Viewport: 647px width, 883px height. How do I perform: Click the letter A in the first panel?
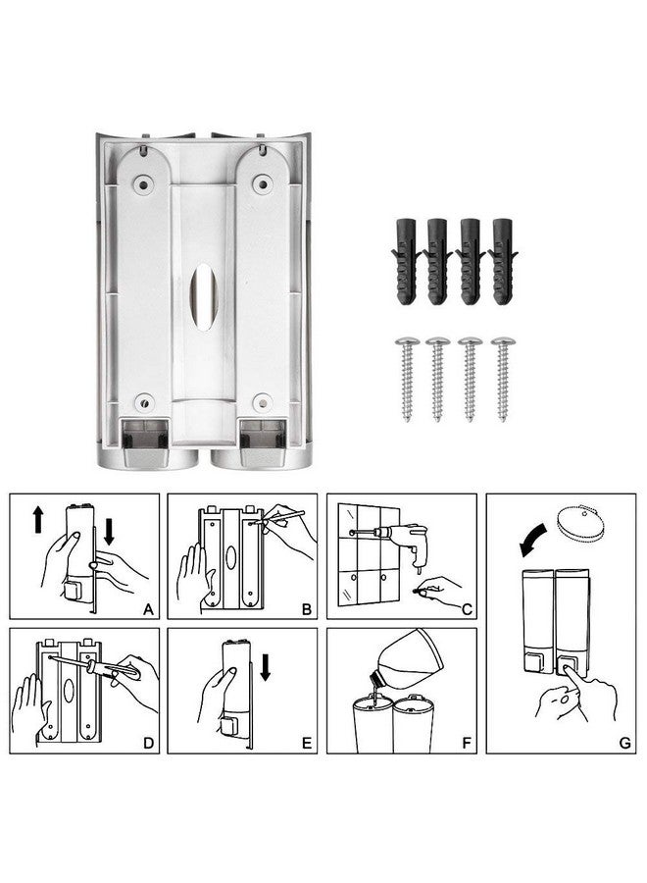pyautogui.click(x=147, y=609)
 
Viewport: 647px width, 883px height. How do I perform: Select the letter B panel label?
pyautogui.click(x=306, y=609)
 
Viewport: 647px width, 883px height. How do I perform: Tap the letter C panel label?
pyautogui.click(x=466, y=609)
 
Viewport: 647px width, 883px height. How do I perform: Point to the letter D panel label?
pyautogui.click(x=147, y=743)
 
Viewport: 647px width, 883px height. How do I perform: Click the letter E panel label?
pyautogui.click(x=306, y=743)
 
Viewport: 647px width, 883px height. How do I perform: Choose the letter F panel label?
pyautogui.click(x=466, y=743)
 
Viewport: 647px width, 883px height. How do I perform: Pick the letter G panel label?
pyautogui.click(x=624, y=743)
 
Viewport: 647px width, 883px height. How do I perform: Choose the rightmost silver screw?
pyautogui.click(x=504, y=378)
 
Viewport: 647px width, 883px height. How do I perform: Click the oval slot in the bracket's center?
pyautogui.click(x=204, y=295)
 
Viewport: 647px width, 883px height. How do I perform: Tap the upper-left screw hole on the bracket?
pyautogui.click(x=145, y=182)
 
